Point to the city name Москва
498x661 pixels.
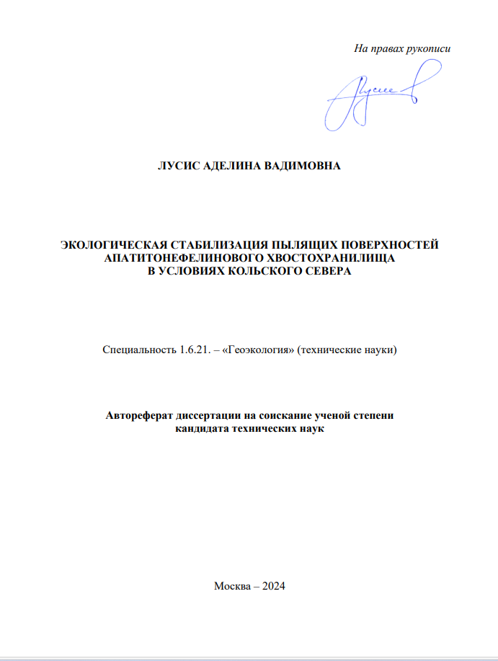click(231, 585)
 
